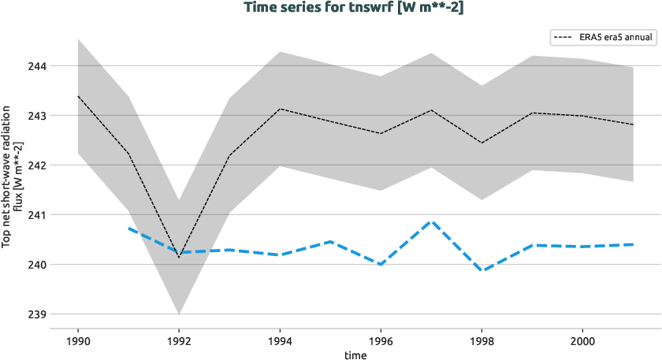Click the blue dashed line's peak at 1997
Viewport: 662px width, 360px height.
[x=431, y=221]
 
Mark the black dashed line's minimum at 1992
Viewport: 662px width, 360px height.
[x=179, y=257]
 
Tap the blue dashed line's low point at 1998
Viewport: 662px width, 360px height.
[x=482, y=270]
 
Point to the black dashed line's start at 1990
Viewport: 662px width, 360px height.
[x=78, y=96]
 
